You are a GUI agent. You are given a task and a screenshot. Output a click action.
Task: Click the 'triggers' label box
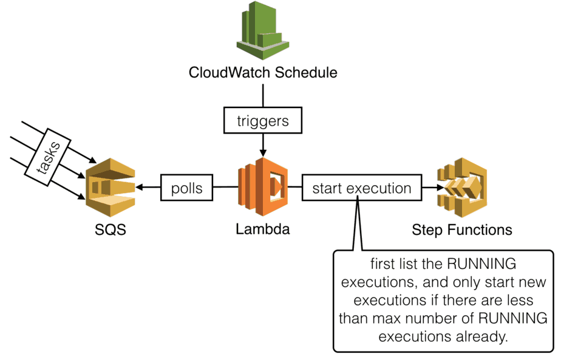pos(263,121)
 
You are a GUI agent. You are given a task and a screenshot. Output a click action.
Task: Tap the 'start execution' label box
pos(361,188)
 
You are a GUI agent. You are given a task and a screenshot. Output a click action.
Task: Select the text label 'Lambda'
pos(263,229)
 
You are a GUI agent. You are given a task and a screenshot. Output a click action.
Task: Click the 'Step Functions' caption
pos(461,230)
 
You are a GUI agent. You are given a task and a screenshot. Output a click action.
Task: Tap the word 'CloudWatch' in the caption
pos(230,73)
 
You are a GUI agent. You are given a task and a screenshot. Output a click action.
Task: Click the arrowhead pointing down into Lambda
pos(263,152)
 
